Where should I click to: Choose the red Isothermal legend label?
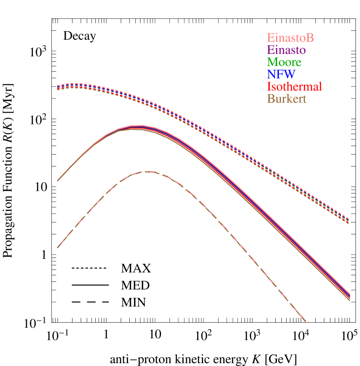pos(294,87)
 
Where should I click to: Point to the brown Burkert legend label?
pos(287,99)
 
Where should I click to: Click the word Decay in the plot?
pos(79,36)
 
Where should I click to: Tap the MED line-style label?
pos(135,285)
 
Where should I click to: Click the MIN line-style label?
pos(134,302)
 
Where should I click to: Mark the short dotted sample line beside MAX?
pos(88,268)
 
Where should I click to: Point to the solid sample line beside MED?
pos(90,285)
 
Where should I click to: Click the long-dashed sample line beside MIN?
pos(90,302)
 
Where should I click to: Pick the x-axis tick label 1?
pos(106,336)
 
